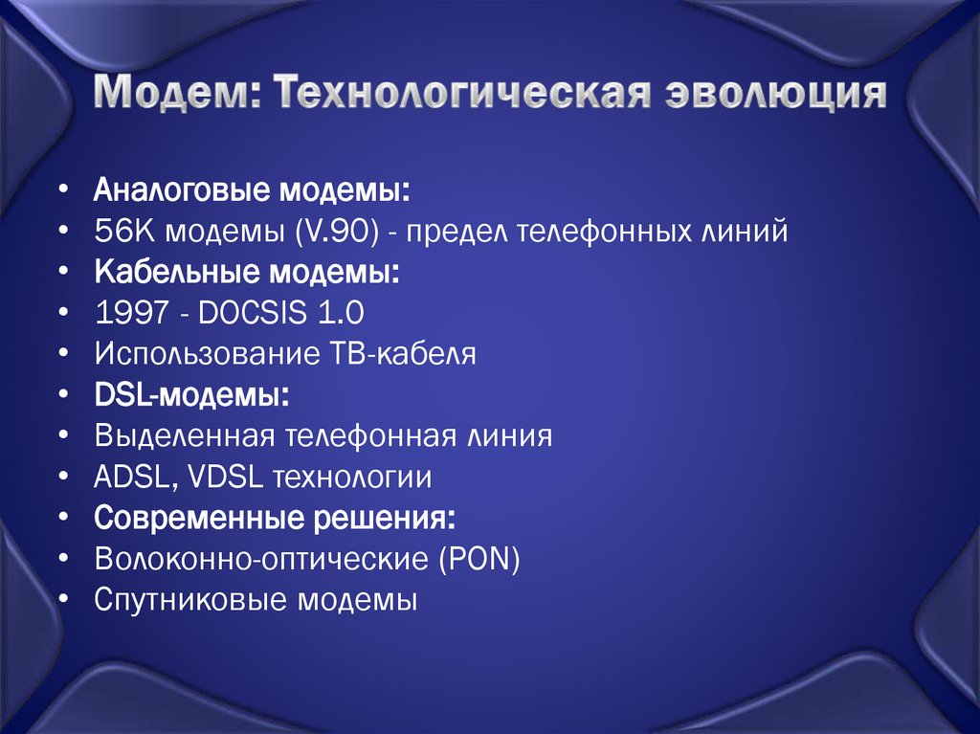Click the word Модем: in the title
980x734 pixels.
tap(177, 96)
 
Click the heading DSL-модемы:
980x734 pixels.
tap(192, 395)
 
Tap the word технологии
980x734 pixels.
tap(353, 478)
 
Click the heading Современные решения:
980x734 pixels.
tap(275, 519)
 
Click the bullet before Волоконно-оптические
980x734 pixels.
tap(62, 558)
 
